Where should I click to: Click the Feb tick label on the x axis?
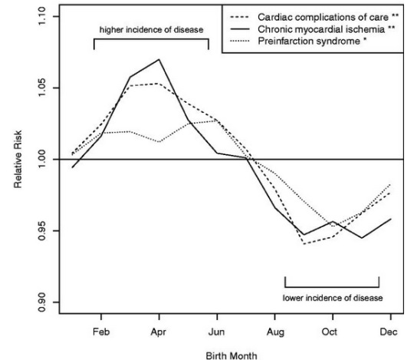[101, 332]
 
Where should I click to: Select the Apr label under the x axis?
[159, 332]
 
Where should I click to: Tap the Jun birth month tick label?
[216, 332]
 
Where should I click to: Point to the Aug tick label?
[275, 332]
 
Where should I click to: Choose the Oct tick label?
[329, 332]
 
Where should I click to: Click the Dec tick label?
[389, 332]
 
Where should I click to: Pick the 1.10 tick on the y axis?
[42, 16]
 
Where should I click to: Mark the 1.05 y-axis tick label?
[42, 88]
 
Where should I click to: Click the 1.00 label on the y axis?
[42, 160]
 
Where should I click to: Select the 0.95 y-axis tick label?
[42, 231]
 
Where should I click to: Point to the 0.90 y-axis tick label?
[42, 302]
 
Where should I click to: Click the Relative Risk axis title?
[18, 160]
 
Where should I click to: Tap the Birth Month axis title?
[232, 355]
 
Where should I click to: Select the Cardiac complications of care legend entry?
[314, 17]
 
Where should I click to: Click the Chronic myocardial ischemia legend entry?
[313, 29]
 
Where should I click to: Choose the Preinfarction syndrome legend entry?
[298, 41]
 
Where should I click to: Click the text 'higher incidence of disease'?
[151, 30]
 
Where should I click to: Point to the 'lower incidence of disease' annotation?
[333, 298]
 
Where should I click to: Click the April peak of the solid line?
[159, 59]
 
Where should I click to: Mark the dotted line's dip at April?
[159, 142]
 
